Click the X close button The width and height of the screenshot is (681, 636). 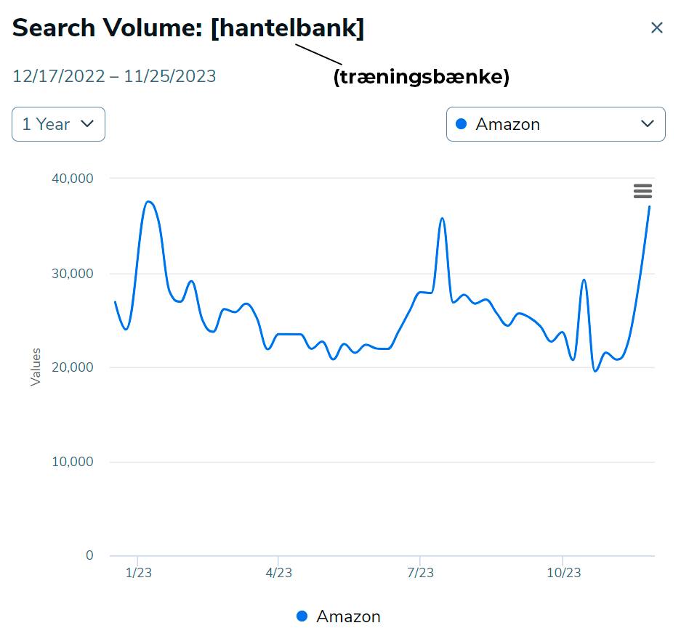point(657,28)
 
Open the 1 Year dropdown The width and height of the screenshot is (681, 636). point(58,124)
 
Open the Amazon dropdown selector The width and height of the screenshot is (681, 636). point(555,124)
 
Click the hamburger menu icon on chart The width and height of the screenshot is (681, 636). point(642,191)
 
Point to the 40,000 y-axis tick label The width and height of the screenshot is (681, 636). point(71,179)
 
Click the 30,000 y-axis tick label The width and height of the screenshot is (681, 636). point(71,274)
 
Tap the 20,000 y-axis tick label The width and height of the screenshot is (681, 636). point(71,367)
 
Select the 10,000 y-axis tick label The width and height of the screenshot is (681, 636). point(71,462)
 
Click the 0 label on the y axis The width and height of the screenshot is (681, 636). point(89,555)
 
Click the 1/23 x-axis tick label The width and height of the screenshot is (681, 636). point(138,573)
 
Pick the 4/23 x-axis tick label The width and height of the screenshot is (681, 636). point(278,573)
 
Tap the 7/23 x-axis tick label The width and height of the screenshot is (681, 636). point(420,573)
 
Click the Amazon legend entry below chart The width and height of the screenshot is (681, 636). point(339,616)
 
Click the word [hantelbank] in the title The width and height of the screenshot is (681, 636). point(288,28)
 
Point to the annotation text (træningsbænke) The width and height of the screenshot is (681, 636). point(421,77)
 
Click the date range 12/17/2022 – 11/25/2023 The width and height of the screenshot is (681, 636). point(114,76)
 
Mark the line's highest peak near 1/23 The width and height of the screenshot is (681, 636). point(149,202)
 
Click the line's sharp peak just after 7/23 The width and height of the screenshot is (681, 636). point(442,218)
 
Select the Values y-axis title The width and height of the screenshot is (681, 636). point(36,367)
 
